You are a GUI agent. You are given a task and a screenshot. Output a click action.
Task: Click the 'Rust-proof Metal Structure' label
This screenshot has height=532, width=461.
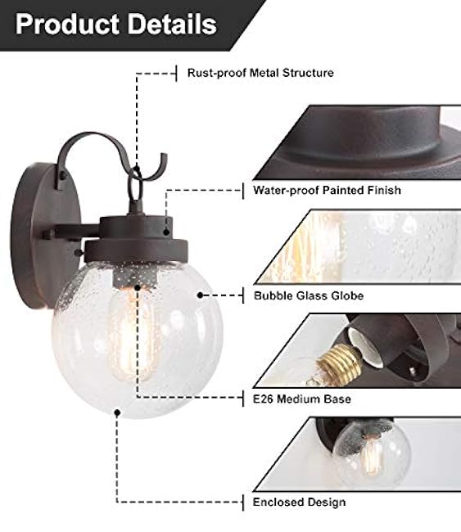point(260,73)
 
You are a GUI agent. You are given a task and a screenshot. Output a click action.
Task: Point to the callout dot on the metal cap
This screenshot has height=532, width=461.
point(166,231)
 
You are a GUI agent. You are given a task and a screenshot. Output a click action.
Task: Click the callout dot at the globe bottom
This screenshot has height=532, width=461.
point(118,413)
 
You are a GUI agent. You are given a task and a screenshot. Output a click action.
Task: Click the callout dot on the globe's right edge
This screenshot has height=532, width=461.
point(199,294)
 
